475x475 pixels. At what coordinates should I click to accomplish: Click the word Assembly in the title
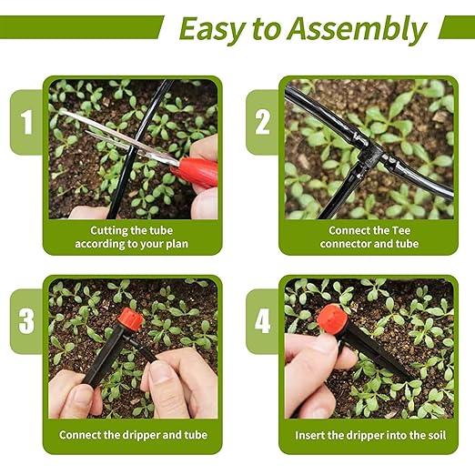(x=356, y=29)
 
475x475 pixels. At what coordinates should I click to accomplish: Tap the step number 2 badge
(x=262, y=122)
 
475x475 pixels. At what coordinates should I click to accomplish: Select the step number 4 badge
(x=262, y=321)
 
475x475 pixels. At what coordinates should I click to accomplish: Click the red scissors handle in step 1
(x=196, y=170)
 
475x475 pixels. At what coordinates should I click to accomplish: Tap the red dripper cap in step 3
(x=129, y=320)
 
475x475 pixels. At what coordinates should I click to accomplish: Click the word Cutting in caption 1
(x=102, y=231)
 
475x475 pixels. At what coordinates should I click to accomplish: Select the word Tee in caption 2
(x=411, y=231)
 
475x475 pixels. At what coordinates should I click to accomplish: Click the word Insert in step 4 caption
(x=315, y=435)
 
